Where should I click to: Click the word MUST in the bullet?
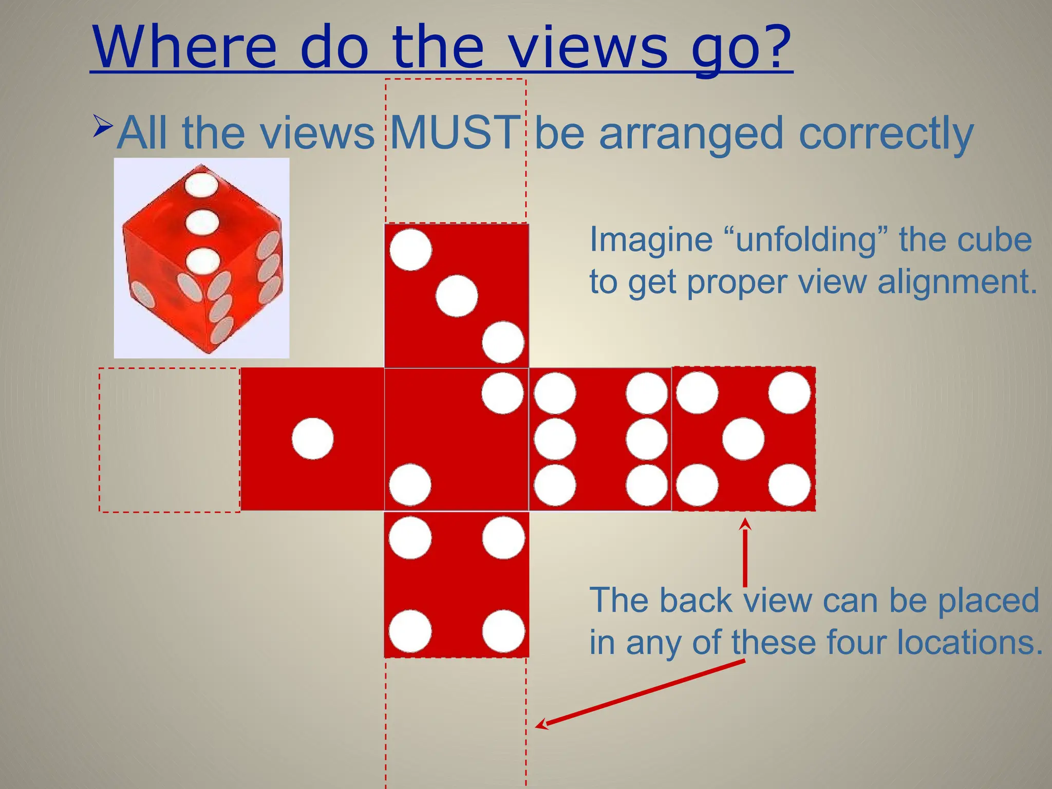[x=455, y=133]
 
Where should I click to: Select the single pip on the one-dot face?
[x=312, y=439]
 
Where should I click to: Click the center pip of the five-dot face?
[x=743, y=439]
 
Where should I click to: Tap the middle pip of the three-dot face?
[x=457, y=296]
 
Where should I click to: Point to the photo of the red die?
[x=201, y=258]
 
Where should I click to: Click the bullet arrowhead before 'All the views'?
[x=103, y=126]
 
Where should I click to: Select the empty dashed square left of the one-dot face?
[x=170, y=440]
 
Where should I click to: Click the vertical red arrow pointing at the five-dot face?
[x=745, y=552]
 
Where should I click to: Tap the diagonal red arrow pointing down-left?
[x=640, y=693]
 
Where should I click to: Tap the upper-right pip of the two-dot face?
[x=502, y=393]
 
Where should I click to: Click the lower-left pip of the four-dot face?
[x=410, y=631]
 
